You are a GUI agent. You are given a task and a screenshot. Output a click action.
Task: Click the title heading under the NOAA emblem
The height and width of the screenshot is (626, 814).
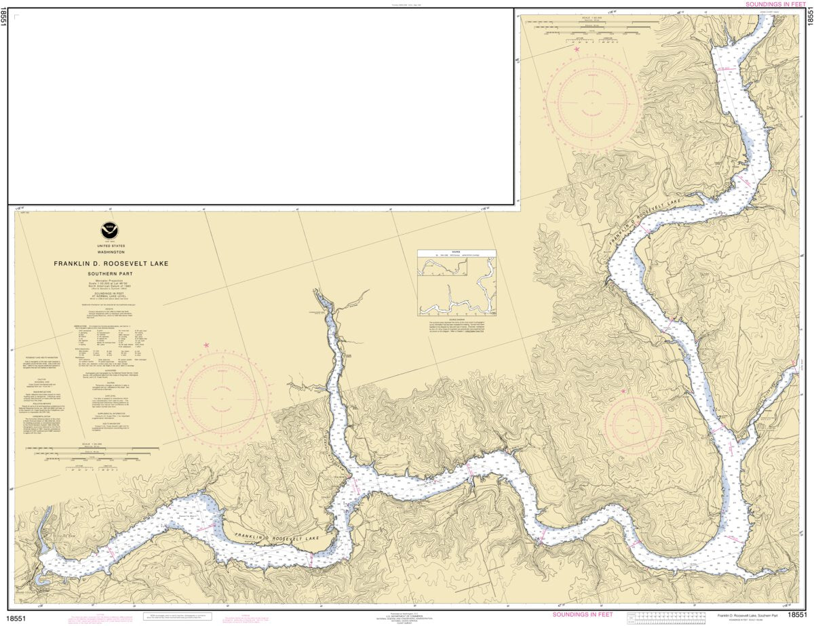[112, 264]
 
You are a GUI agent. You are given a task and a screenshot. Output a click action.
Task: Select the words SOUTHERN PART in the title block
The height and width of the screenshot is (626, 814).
[112, 273]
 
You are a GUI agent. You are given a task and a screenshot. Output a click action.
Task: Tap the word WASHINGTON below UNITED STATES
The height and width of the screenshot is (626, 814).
[111, 252]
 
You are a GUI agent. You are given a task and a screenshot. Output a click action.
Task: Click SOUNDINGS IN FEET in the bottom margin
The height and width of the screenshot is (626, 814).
[583, 614]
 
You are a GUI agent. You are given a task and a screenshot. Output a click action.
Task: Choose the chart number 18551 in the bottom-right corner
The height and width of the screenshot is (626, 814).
[797, 615]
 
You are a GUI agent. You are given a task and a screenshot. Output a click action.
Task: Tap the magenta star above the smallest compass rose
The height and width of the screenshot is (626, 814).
[624, 391]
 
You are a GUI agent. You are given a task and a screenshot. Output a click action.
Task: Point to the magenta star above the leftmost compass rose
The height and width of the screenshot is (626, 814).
[206, 346]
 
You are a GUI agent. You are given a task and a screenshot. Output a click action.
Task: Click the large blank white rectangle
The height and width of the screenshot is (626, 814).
[260, 106]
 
